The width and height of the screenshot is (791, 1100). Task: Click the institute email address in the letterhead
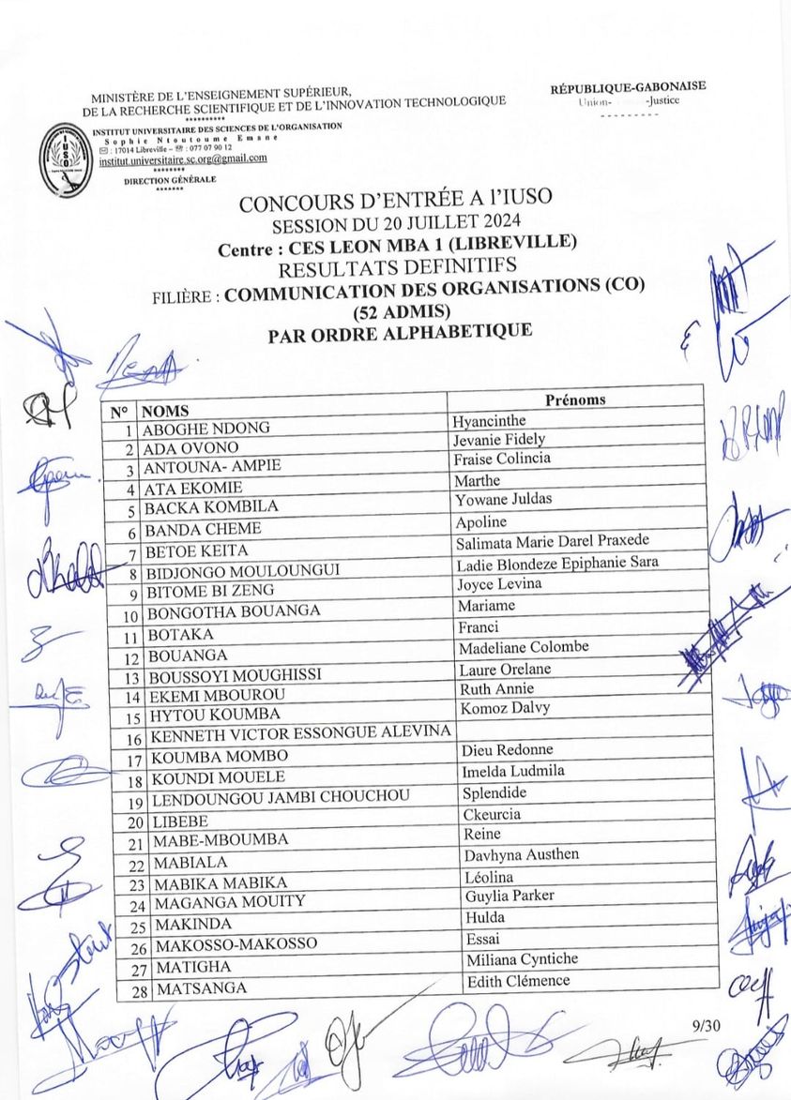pyautogui.click(x=182, y=159)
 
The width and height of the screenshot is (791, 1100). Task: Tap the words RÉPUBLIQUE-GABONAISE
pyautogui.click(x=628, y=87)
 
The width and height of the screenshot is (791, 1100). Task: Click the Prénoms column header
pyautogui.click(x=574, y=399)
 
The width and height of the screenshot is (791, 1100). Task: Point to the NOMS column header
pyautogui.click(x=166, y=411)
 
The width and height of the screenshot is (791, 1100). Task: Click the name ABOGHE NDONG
pyautogui.click(x=206, y=429)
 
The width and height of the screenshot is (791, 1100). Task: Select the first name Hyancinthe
pyautogui.click(x=489, y=421)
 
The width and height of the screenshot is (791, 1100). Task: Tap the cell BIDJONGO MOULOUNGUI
pyautogui.click(x=241, y=570)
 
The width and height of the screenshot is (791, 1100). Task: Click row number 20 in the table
pyautogui.click(x=134, y=822)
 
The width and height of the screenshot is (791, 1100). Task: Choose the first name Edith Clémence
pyautogui.click(x=517, y=981)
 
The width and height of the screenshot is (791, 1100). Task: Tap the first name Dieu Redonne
pyautogui.click(x=507, y=750)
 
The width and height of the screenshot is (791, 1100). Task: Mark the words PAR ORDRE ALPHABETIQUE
pyautogui.click(x=400, y=331)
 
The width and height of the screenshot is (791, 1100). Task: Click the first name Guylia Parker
pyautogui.click(x=510, y=896)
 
